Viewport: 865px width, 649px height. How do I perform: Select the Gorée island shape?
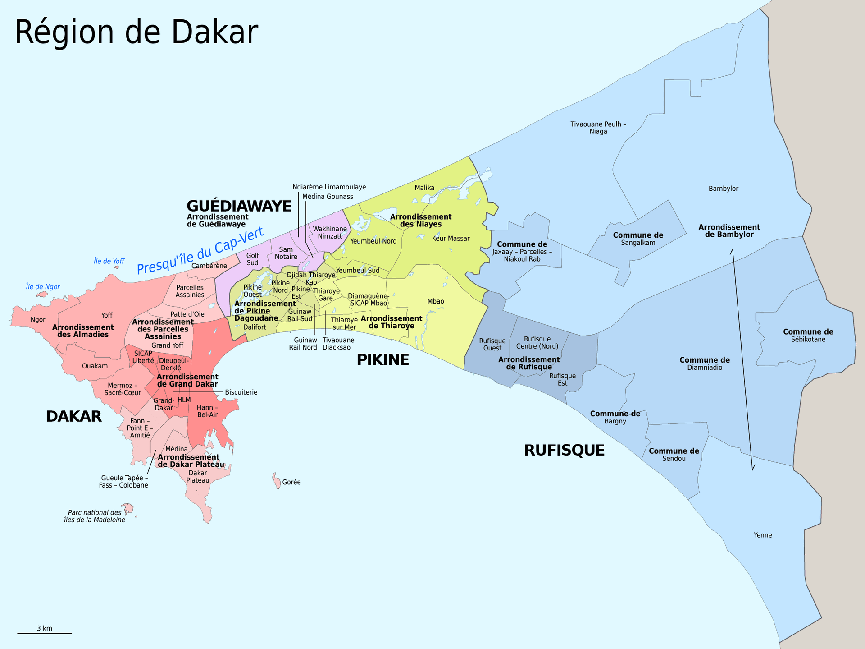coord(275,481)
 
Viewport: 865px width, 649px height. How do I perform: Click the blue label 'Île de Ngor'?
coord(43,287)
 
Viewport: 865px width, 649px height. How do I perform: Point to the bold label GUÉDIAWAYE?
coord(239,206)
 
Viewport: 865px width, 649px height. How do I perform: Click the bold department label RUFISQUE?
coord(564,450)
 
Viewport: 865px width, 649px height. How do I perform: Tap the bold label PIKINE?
coord(382,360)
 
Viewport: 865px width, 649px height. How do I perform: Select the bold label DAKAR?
coord(73,416)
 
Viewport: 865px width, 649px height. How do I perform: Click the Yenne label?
coord(763,535)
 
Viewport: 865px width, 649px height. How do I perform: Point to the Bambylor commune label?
coord(723,189)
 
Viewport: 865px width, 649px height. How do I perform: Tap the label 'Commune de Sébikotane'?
coord(808,336)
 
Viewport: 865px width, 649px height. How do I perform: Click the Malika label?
coord(424,188)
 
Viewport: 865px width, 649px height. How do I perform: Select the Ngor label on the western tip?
coord(38,320)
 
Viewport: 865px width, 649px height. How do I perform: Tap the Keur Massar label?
coord(451,239)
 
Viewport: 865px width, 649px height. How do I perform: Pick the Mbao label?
coord(435,301)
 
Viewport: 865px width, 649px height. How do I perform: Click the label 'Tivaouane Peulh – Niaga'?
coord(598,128)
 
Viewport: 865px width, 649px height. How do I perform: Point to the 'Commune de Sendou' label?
coord(674,455)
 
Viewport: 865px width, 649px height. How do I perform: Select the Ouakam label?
coord(95,366)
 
